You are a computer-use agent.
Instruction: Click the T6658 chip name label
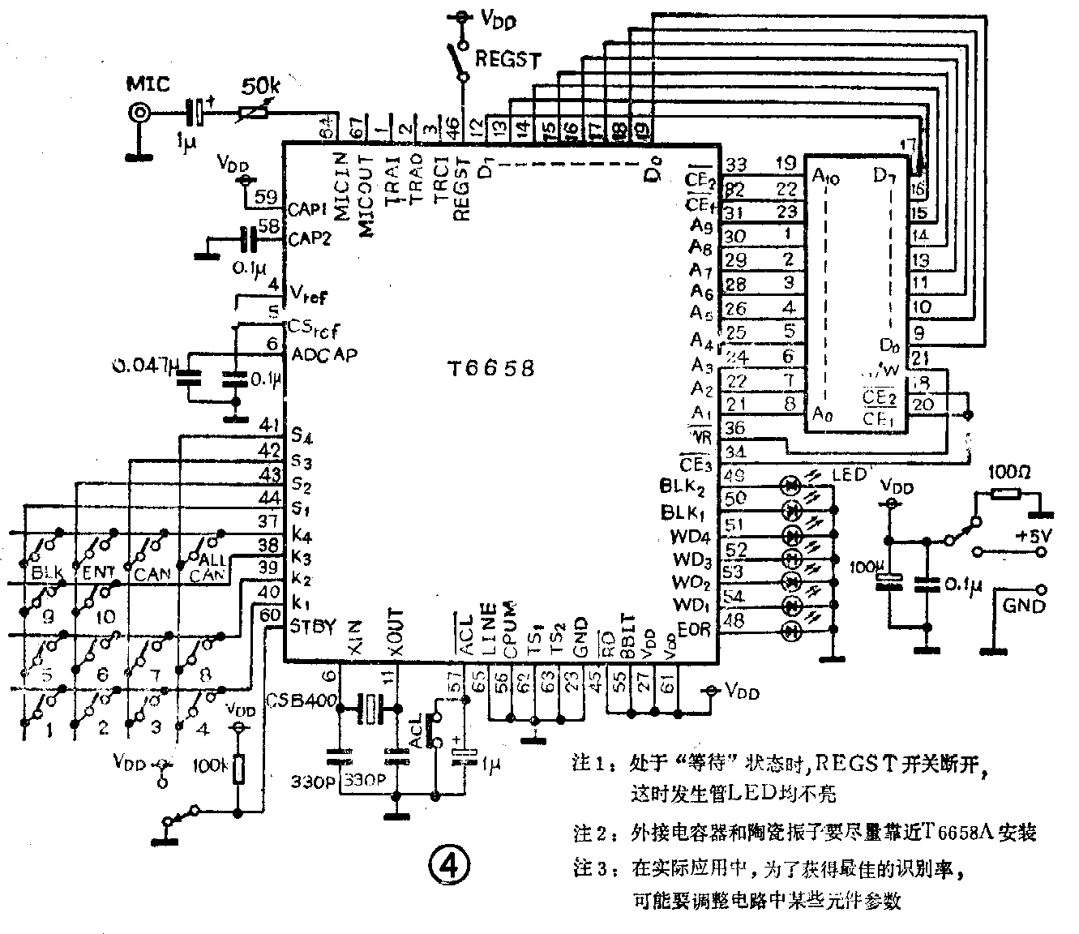[491, 369]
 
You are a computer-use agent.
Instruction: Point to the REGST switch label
[507, 58]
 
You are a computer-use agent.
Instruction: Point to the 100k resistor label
[213, 765]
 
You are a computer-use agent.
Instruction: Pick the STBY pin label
[311, 627]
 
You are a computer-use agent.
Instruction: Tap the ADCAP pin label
[323, 354]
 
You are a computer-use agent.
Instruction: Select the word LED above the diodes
[849, 473]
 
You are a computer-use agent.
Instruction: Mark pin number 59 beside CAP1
[266, 198]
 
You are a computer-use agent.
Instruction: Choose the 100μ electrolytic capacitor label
[863, 567]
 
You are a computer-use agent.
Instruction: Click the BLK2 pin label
[683, 487]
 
